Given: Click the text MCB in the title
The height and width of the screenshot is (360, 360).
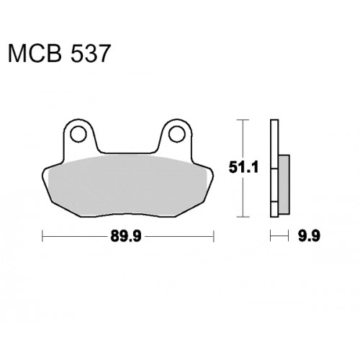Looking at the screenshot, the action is coord(35,53).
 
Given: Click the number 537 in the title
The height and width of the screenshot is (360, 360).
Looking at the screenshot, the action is coord(90,53).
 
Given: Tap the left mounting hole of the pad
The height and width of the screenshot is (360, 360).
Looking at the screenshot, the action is coord(78,134).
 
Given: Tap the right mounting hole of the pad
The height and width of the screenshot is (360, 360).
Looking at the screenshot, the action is coord(177,134).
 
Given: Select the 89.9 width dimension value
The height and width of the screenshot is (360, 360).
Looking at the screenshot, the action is coord(126,236).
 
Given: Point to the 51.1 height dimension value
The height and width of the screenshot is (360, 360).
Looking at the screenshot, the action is coord(243,167).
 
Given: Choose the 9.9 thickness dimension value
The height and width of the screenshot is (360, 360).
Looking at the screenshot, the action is coord(309,236).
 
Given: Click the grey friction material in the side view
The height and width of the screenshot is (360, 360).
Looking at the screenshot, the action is coord(284,184).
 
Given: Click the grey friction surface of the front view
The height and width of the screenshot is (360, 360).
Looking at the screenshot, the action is coord(127,185).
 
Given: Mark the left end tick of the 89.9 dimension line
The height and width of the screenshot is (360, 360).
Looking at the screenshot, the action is coord(42,236).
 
